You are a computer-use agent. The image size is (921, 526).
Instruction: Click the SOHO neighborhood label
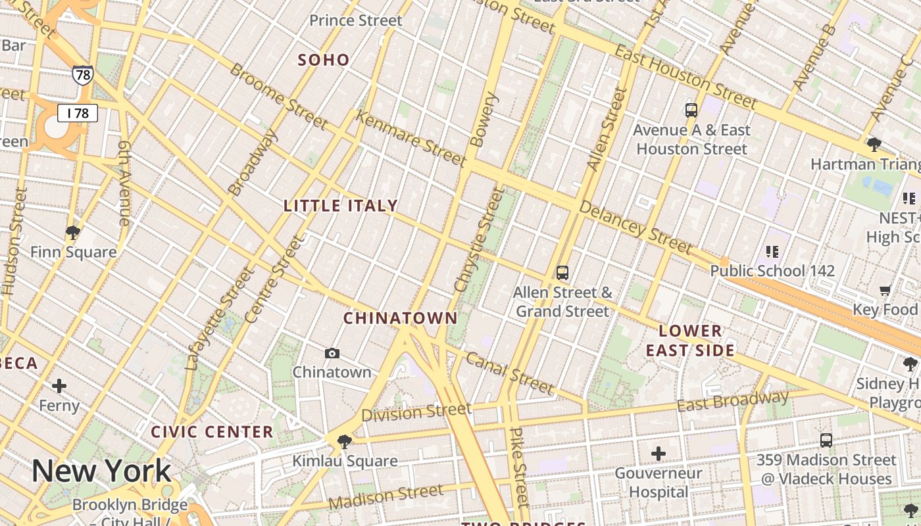click(323, 60)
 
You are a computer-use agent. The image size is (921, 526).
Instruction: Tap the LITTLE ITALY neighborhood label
click(340, 206)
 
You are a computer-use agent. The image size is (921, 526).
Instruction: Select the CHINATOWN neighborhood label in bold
click(400, 318)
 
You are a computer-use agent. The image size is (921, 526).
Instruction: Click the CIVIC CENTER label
click(212, 432)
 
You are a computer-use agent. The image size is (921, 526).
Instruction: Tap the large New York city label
click(101, 471)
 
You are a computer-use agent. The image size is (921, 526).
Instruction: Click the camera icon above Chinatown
click(332, 354)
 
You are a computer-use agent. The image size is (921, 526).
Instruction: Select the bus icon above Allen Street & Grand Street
click(562, 272)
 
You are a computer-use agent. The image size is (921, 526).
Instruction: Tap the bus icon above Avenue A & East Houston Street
click(691, 110)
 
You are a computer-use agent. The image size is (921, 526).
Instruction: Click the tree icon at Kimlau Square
click(344, 442)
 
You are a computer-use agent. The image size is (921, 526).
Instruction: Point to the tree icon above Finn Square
click(73, 232)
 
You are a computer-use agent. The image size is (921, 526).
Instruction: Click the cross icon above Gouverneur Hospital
click(658, 454)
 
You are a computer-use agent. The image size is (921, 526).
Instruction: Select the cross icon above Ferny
click(59, 386)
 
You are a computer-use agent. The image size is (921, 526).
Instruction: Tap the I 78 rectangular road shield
click(78, 113)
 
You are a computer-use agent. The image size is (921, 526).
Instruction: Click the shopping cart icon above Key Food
click(885, 290)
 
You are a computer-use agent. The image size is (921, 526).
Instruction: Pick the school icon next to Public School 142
click(772, 251)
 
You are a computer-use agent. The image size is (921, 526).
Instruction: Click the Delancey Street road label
click(635, 227)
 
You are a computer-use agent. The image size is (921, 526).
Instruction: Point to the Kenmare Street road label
click(411, 138)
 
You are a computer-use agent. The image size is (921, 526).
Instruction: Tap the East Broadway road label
click(732, 400)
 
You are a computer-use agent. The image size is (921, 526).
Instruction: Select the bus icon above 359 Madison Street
click(826, 441)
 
